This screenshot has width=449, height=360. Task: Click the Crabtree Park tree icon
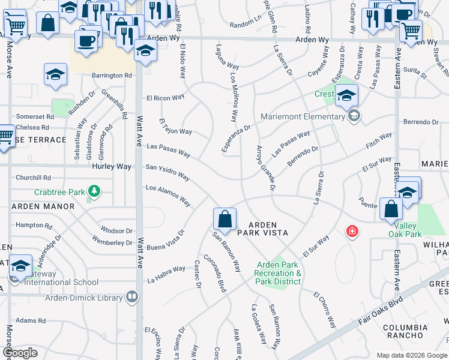(x=94, y=191)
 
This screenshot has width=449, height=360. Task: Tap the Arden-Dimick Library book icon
(x=131, y=296)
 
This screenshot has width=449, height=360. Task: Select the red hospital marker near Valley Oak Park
(x=352, y=231)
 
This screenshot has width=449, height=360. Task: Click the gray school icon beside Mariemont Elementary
(x=354, y=116)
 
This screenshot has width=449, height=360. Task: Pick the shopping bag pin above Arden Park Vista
(x=224, y=220)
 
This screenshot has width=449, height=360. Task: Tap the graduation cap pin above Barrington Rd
(x=56, y=75)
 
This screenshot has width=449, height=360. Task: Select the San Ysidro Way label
(x=167, y=172)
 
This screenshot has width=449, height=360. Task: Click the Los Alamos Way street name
(x=168, y=196)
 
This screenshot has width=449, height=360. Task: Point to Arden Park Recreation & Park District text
(x=279, y=273)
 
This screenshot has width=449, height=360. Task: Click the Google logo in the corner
(x=20, y=353)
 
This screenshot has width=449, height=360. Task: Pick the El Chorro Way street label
(x=324, y=309)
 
